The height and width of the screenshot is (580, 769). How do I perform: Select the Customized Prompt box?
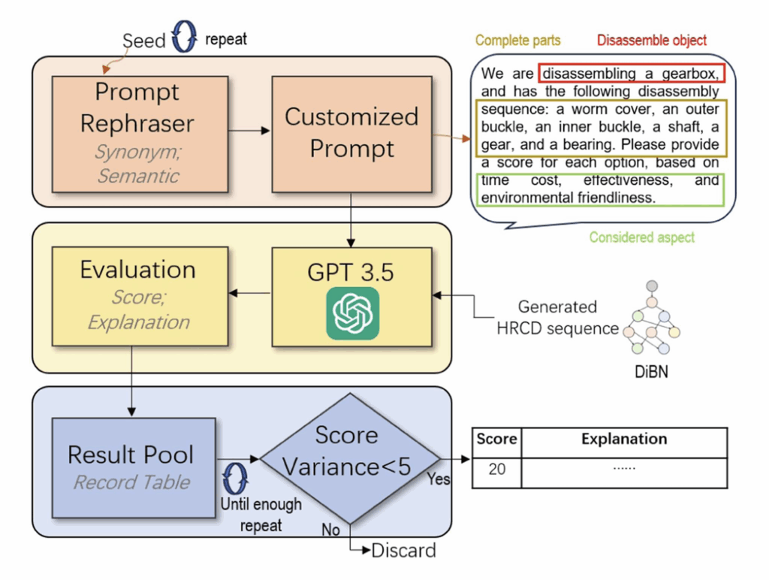(x=351, y=133)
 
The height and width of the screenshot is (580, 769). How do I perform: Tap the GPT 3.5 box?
(x=351, y=296)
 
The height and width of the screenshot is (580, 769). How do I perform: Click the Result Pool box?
(x=131, y=466)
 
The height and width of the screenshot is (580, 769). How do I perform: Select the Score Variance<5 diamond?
(x=347, y=459)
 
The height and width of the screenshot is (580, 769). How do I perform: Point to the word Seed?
(x=143, y=41)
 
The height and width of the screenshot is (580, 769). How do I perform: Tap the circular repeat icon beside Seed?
(x=184, y=39)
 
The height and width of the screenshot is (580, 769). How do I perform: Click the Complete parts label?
(x=518, y=41)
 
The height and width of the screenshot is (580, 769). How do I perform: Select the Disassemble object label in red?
(x=652, y=41)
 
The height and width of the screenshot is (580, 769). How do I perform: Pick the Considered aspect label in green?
(x=642, y=237)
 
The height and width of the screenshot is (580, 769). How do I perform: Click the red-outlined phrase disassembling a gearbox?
(x=631, y=74)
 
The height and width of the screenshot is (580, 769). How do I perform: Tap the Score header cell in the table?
(x=496, y=439)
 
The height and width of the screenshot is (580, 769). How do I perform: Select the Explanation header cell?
(x=624, y=439)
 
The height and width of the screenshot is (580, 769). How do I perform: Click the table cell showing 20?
(x=496, y=470)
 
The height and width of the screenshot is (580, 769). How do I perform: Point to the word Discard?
(x=403, y=550)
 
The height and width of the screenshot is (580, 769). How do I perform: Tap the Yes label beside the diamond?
(x=439, y=478)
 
